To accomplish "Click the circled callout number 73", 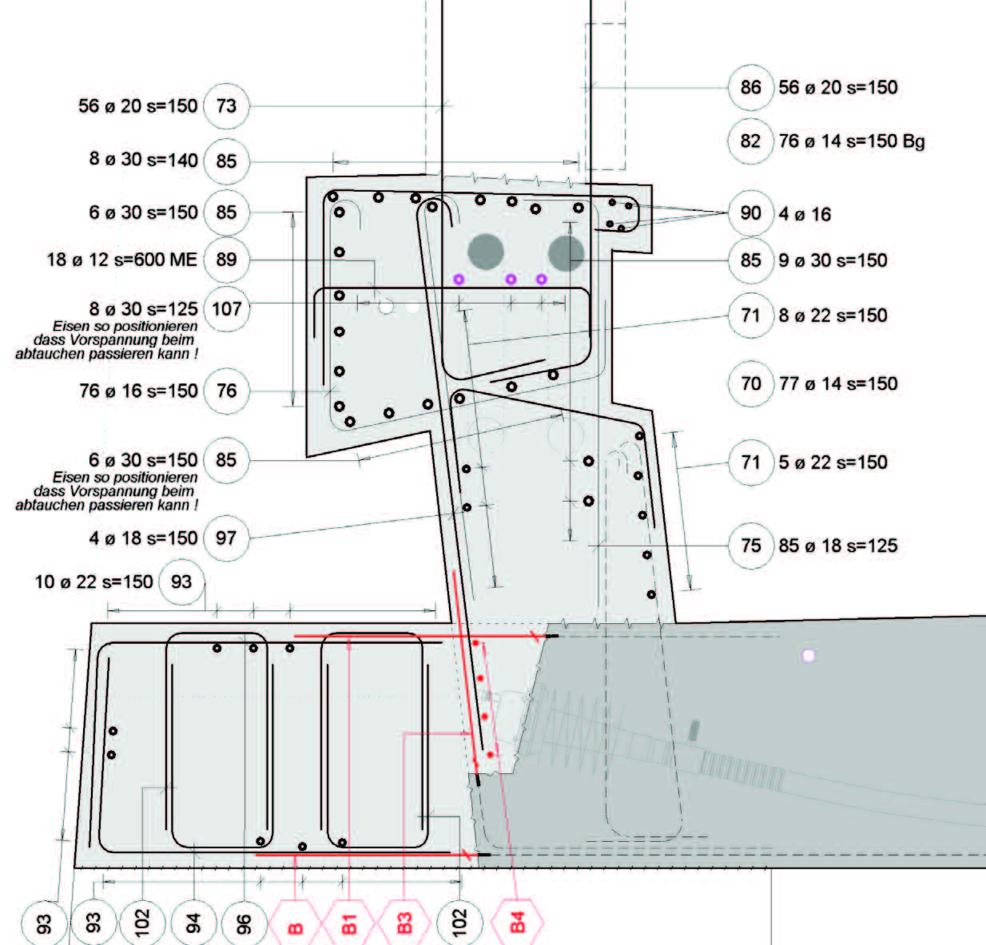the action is (226, 106).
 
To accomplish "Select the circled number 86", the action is (750, 88).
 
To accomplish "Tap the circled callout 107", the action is (226, 309).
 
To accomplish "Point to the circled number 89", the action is (226, 260).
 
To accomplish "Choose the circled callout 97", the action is (226, 538).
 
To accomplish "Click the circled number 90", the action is (750, 214).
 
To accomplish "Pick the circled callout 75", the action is (750, 546).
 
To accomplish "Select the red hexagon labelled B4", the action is (517, 923).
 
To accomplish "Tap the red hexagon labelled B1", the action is (348, 923).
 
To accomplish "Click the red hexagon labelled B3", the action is (404, 923).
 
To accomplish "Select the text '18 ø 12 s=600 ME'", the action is (121, 260).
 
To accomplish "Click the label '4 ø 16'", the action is (805, 214).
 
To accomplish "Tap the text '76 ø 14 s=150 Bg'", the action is (852, 141).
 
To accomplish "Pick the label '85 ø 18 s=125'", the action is (838, 546).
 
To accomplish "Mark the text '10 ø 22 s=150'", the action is (93, 582).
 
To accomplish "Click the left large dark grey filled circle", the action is (485, 252).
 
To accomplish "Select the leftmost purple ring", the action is (459, 279).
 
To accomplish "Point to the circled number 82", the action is (750, 141).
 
